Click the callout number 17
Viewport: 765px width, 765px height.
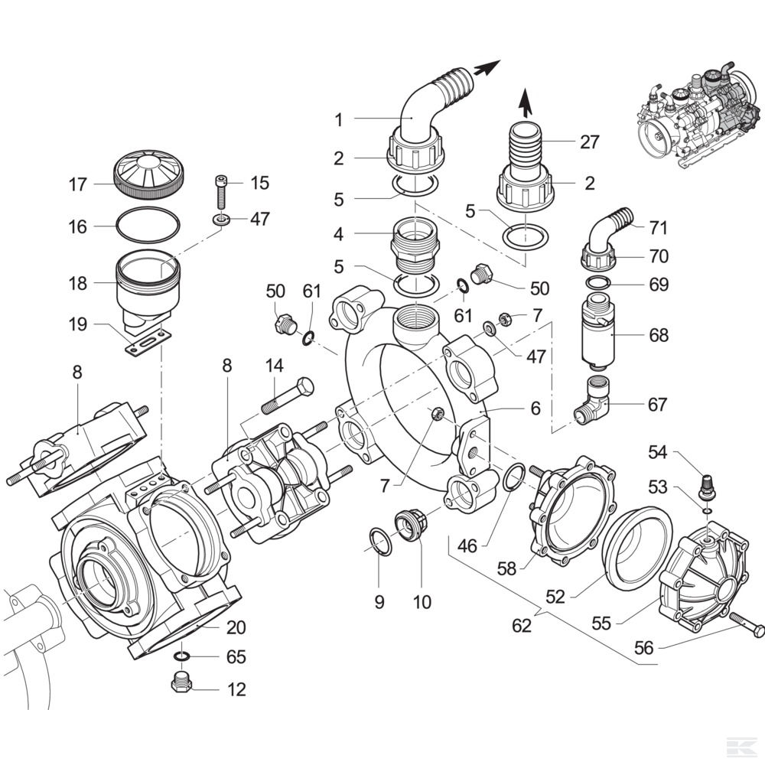[x=77, y=184]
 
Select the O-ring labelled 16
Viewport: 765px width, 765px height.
[x=148, y=226]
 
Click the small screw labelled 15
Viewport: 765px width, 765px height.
[x=220, y=192]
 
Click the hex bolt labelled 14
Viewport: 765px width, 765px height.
[x=288, y=396]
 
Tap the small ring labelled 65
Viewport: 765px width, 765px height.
[x=181, y=656]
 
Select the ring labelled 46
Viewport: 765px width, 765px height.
[x=515, y=477]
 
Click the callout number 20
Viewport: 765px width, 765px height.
[x=235, y=627]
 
